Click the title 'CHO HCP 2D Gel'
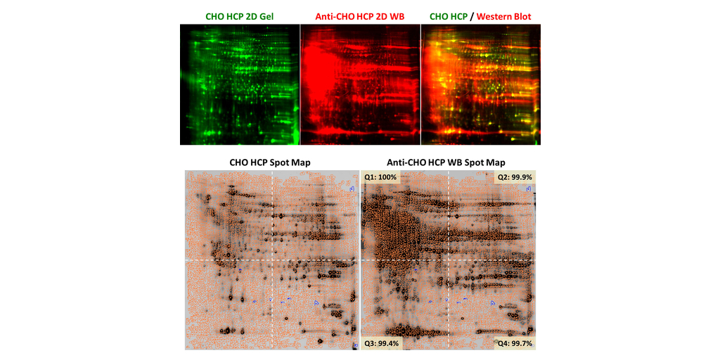tap(240, 15)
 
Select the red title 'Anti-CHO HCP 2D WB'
tap(360, 15)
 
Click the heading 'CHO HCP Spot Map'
tap(270, 162)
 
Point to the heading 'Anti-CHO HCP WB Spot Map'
tap(446, 162)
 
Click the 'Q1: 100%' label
tap(380, 176)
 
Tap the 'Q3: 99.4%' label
tap(381, 343)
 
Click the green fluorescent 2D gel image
tap(240, 84)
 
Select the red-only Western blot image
tap(360, 84)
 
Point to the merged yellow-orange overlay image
tap(481, 84)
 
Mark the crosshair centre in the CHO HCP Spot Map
tap(272, 260)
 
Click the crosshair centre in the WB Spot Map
tap(449, 260)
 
